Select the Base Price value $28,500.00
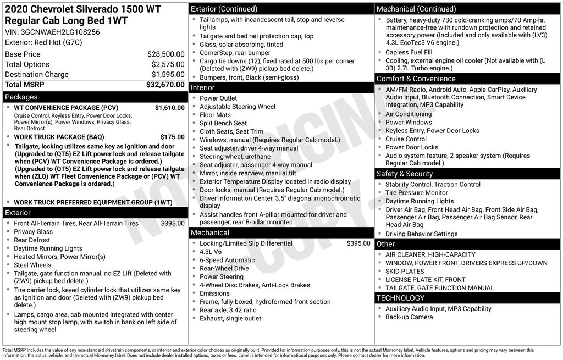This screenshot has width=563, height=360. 165,54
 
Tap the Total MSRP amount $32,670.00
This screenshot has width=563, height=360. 165,85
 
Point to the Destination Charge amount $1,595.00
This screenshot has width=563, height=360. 168,75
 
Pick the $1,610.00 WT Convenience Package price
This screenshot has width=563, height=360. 169,108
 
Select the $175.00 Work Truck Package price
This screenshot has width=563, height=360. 172,137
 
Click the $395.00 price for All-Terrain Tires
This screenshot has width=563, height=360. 172,224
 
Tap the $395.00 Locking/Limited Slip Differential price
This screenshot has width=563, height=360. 358,243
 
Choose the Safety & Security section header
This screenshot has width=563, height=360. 405,174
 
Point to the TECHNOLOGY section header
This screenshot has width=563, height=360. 400,298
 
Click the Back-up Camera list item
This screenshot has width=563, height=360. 409,317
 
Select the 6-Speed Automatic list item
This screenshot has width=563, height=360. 227,260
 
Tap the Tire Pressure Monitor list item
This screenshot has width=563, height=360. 416,193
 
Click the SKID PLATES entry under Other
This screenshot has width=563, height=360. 405,272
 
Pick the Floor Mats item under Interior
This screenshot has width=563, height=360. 215,115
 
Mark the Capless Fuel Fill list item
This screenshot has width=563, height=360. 409,52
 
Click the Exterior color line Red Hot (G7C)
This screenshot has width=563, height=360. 43,42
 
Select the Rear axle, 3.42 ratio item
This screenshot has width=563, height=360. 228,310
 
